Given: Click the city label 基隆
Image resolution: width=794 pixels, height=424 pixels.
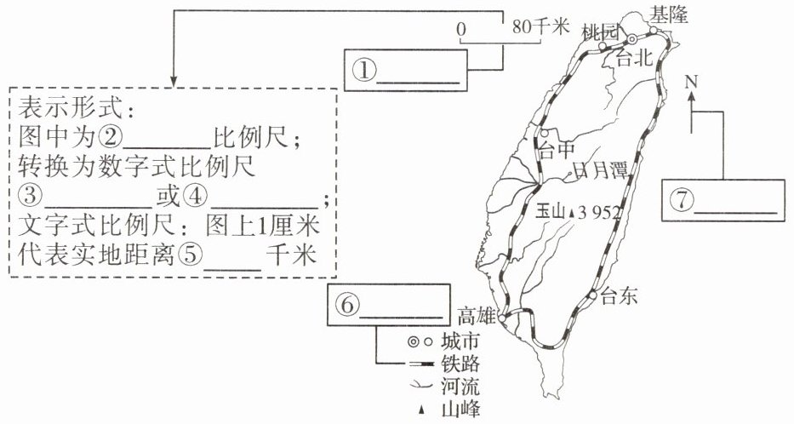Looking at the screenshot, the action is (670, 15).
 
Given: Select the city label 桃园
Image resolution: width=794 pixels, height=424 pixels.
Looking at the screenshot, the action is (601, 33).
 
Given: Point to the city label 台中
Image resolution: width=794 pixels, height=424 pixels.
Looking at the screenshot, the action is (557, 150).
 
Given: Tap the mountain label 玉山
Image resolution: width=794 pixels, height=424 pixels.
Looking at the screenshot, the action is (551, 213).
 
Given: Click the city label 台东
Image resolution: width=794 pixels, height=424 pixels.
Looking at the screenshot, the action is (619, 296).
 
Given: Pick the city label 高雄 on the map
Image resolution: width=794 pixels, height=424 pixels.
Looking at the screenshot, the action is (476, 317).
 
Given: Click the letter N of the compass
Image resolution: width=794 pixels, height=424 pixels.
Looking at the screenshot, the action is (692, 82).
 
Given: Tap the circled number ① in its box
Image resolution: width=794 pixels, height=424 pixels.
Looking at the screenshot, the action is (364, 72).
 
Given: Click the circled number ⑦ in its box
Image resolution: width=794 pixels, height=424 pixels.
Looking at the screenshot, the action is (682, 201).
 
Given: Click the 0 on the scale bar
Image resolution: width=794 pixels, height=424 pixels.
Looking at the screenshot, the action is (460, 30).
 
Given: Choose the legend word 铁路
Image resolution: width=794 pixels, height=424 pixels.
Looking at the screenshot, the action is (460, 364).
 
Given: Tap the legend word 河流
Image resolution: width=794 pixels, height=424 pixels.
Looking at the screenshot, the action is (460, 387).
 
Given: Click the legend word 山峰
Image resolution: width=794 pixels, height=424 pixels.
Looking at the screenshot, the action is (460, 410).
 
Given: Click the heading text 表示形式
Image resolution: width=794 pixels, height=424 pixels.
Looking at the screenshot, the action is (71, 109).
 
